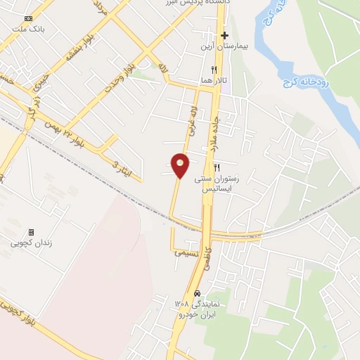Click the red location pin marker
(181, 165)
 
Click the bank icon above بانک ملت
(28, 18)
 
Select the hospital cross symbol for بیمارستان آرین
(224, 35)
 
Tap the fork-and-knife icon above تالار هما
(213, 70)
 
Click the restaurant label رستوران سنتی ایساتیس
(221, 184)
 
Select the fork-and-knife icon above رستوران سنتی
(217, 167)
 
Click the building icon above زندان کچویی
(30, 232)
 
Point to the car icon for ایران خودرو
(198, 292)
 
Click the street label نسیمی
(187, 252)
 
